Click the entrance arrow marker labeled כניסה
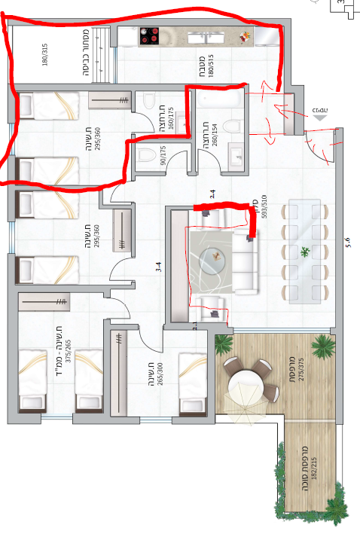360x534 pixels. tap(322, 114)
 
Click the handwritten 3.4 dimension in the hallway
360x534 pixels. tap(158, 266)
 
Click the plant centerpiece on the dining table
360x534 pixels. tap(305, 252)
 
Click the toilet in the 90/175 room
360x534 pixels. tap(145, 155)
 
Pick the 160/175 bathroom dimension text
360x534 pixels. tap(170, 120)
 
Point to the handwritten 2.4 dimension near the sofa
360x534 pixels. tap(214, 194)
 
